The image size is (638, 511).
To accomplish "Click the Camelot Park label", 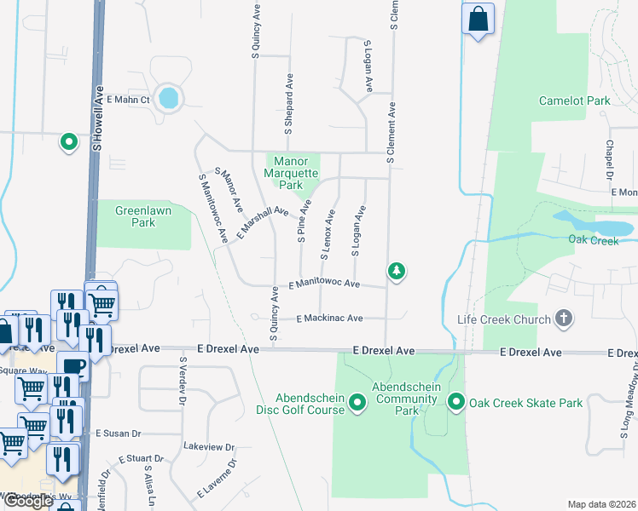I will click(574, 100).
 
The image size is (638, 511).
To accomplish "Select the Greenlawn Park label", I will click(136, 215).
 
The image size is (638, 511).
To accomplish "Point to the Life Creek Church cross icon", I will click(562, 319).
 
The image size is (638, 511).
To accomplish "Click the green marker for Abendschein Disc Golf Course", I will click(357, 403).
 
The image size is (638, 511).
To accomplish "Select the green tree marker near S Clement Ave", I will click(396, 272).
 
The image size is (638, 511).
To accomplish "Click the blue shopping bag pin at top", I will click(478, 18).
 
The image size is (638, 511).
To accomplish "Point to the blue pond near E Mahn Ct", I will click(169, 97).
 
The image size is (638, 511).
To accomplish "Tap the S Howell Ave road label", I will click(97, 119).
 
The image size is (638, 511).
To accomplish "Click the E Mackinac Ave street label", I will click(329, 319).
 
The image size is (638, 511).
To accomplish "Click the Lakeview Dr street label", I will click(209, 446).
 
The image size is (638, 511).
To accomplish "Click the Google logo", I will click(28, 501).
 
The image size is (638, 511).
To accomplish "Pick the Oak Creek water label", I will click(593, 240).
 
